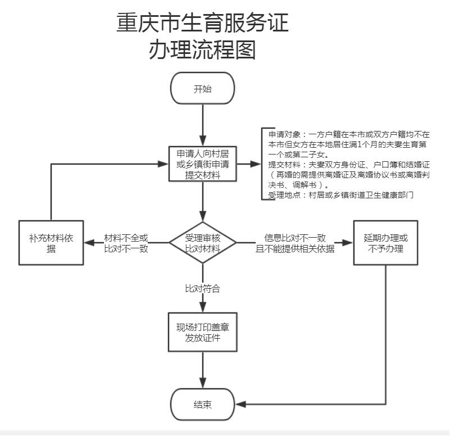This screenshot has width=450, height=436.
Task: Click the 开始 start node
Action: pos(202,88)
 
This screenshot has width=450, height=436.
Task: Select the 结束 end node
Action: pos(202,404)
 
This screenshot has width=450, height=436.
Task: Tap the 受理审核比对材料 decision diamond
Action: pos(203,243)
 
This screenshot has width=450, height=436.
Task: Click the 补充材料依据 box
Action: pos(51,243)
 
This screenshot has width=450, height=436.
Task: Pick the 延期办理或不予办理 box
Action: pos(385,242)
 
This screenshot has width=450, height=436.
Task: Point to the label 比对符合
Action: pos(202,289)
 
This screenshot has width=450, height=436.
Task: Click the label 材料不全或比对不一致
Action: pos(126,243)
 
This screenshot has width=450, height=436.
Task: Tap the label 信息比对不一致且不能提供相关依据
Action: pos(295,243)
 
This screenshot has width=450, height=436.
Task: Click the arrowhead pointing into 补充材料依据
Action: pos(88,243)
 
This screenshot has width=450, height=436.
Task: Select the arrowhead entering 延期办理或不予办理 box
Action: pos(349,243)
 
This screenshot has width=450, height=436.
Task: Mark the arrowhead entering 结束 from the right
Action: pos(240,404)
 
